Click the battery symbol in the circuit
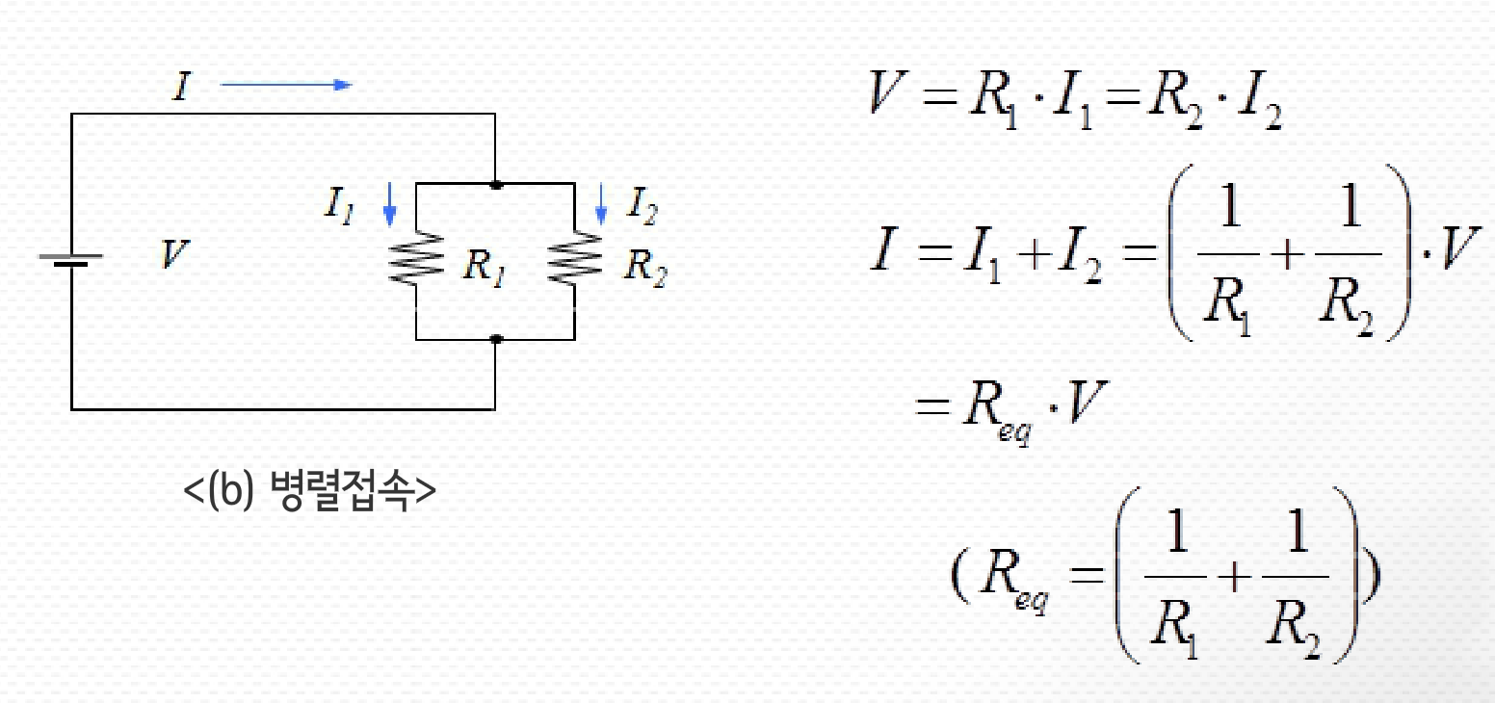click(x=71, y=260)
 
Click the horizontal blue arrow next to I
click(x=286, y=85)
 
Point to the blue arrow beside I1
click(x=389, y=204)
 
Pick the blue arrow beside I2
click(x=602, y=202)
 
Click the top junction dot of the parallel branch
click(x=495, y=182)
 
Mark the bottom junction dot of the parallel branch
click(x=495, y=339)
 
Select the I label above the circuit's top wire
click(x=179, y=88)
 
